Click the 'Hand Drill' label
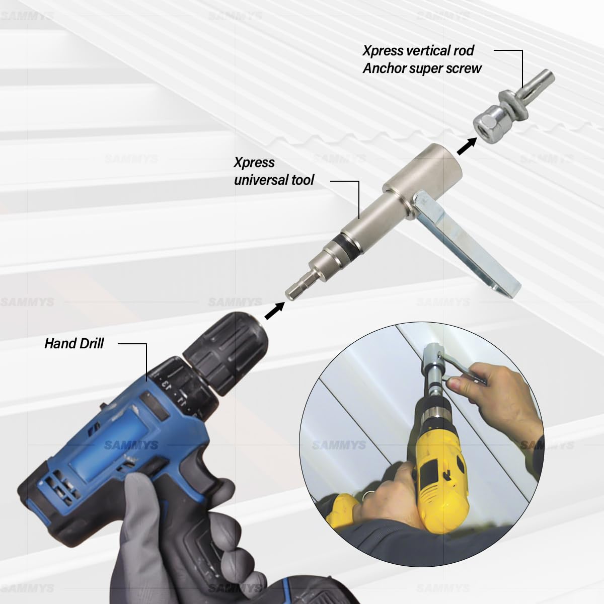74,344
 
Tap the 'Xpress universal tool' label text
274,171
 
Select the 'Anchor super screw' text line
422,68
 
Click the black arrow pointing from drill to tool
275,311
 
